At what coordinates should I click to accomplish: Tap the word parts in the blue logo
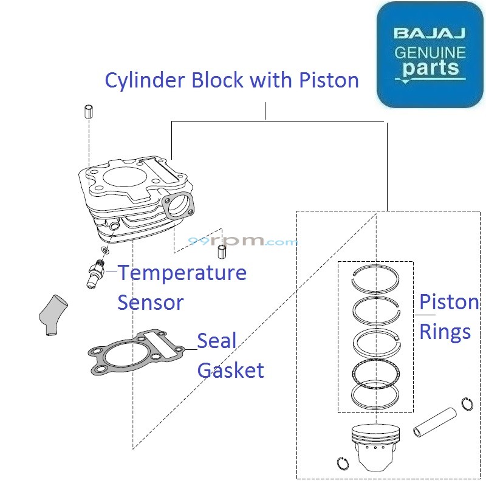tap(430, 67)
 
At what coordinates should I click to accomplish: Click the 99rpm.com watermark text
tap(243, 241)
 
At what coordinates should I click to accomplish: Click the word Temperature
tap(182, 273)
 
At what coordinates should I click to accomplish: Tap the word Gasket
tap(231, 370)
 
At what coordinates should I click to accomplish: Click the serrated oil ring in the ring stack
tap(375, 371)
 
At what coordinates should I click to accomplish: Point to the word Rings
tap(445, 332)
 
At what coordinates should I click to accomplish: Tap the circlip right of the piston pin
tap(467, 403)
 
